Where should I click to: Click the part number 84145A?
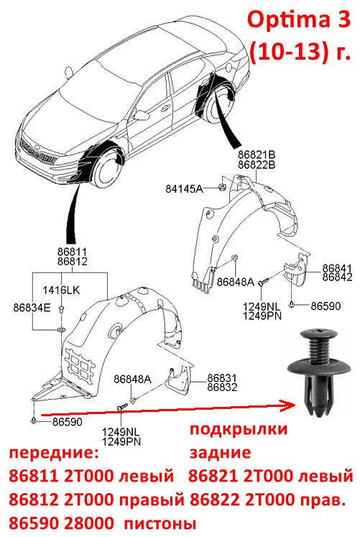coord(184,188)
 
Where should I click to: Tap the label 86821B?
coord(257,155)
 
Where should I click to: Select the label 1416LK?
coord(61,290)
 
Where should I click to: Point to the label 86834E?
coord(32,307)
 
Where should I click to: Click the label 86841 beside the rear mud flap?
coord(337,268)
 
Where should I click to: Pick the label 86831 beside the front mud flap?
coord(222,377)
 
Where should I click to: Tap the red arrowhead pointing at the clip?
coord(288,405)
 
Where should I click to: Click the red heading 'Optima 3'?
coord(299,21)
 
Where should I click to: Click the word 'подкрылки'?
coord(239,429)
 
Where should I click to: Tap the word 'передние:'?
coord(54,453)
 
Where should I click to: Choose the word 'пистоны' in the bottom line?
coord(160,523)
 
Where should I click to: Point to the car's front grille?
coord(37,152)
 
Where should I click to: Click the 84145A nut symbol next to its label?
coord(222,187)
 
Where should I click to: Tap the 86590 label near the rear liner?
coord(326,306)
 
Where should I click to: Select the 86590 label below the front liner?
coord(68,421)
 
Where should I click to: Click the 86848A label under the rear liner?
coord(236,282)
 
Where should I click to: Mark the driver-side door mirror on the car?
coord(139,114)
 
